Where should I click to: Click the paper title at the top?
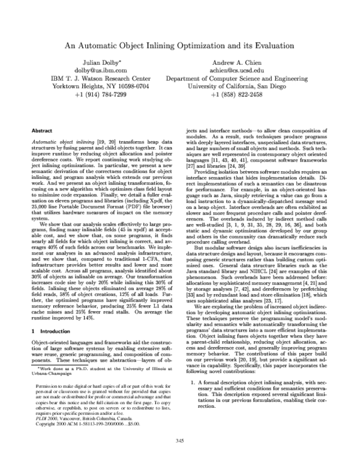pos(180,44)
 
